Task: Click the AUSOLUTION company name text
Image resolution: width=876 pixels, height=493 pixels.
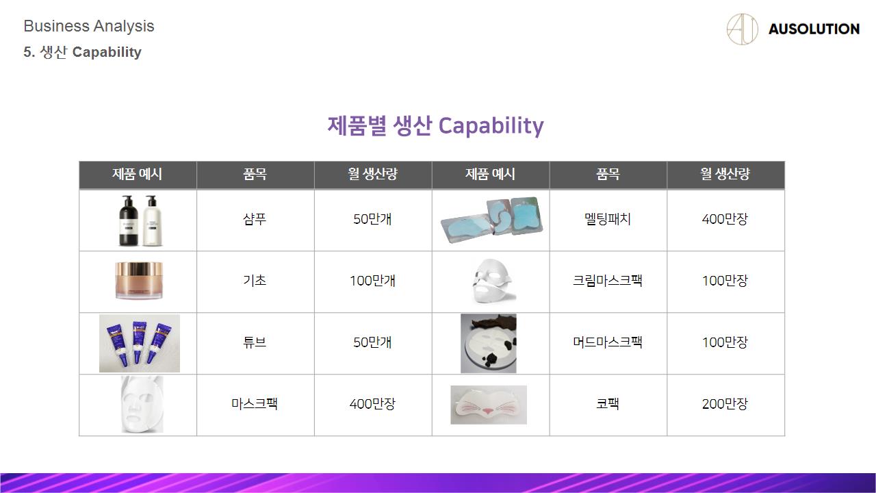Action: click(814, 29)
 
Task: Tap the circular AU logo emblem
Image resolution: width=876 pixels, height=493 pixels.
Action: click(742, 29)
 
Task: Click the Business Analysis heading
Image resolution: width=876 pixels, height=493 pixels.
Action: click(89, 26)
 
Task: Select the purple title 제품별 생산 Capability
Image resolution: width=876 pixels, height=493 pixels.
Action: click(436, 126)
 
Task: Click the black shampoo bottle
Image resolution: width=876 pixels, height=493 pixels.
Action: click(128, 221)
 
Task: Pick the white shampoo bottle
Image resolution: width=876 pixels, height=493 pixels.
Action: click(153, 221)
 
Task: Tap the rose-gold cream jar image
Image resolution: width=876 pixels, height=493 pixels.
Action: click(139, 281)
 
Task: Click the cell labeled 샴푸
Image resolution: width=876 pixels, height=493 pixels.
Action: click(255, 219)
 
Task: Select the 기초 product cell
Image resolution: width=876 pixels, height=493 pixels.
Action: click(255, 281)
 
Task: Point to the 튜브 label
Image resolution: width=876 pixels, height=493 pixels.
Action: click(255, 342)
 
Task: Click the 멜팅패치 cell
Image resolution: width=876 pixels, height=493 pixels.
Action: click(608, 219)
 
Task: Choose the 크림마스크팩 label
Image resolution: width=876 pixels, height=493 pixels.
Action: click(608, 281)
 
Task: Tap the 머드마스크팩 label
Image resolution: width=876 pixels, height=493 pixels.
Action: click(608, 342)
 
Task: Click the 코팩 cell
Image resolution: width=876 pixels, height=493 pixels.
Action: click(608, 404)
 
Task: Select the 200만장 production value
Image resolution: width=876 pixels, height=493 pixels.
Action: click(725, 404)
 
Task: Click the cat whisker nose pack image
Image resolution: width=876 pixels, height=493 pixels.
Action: click(489, 405)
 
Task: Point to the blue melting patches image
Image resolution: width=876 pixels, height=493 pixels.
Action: click(491, 219)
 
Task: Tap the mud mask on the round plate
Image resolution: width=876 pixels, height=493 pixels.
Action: click(489, 343)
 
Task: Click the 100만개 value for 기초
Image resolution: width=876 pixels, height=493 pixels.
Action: click(373, 281)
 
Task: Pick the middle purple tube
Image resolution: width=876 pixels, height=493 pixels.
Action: click(138, 341)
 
